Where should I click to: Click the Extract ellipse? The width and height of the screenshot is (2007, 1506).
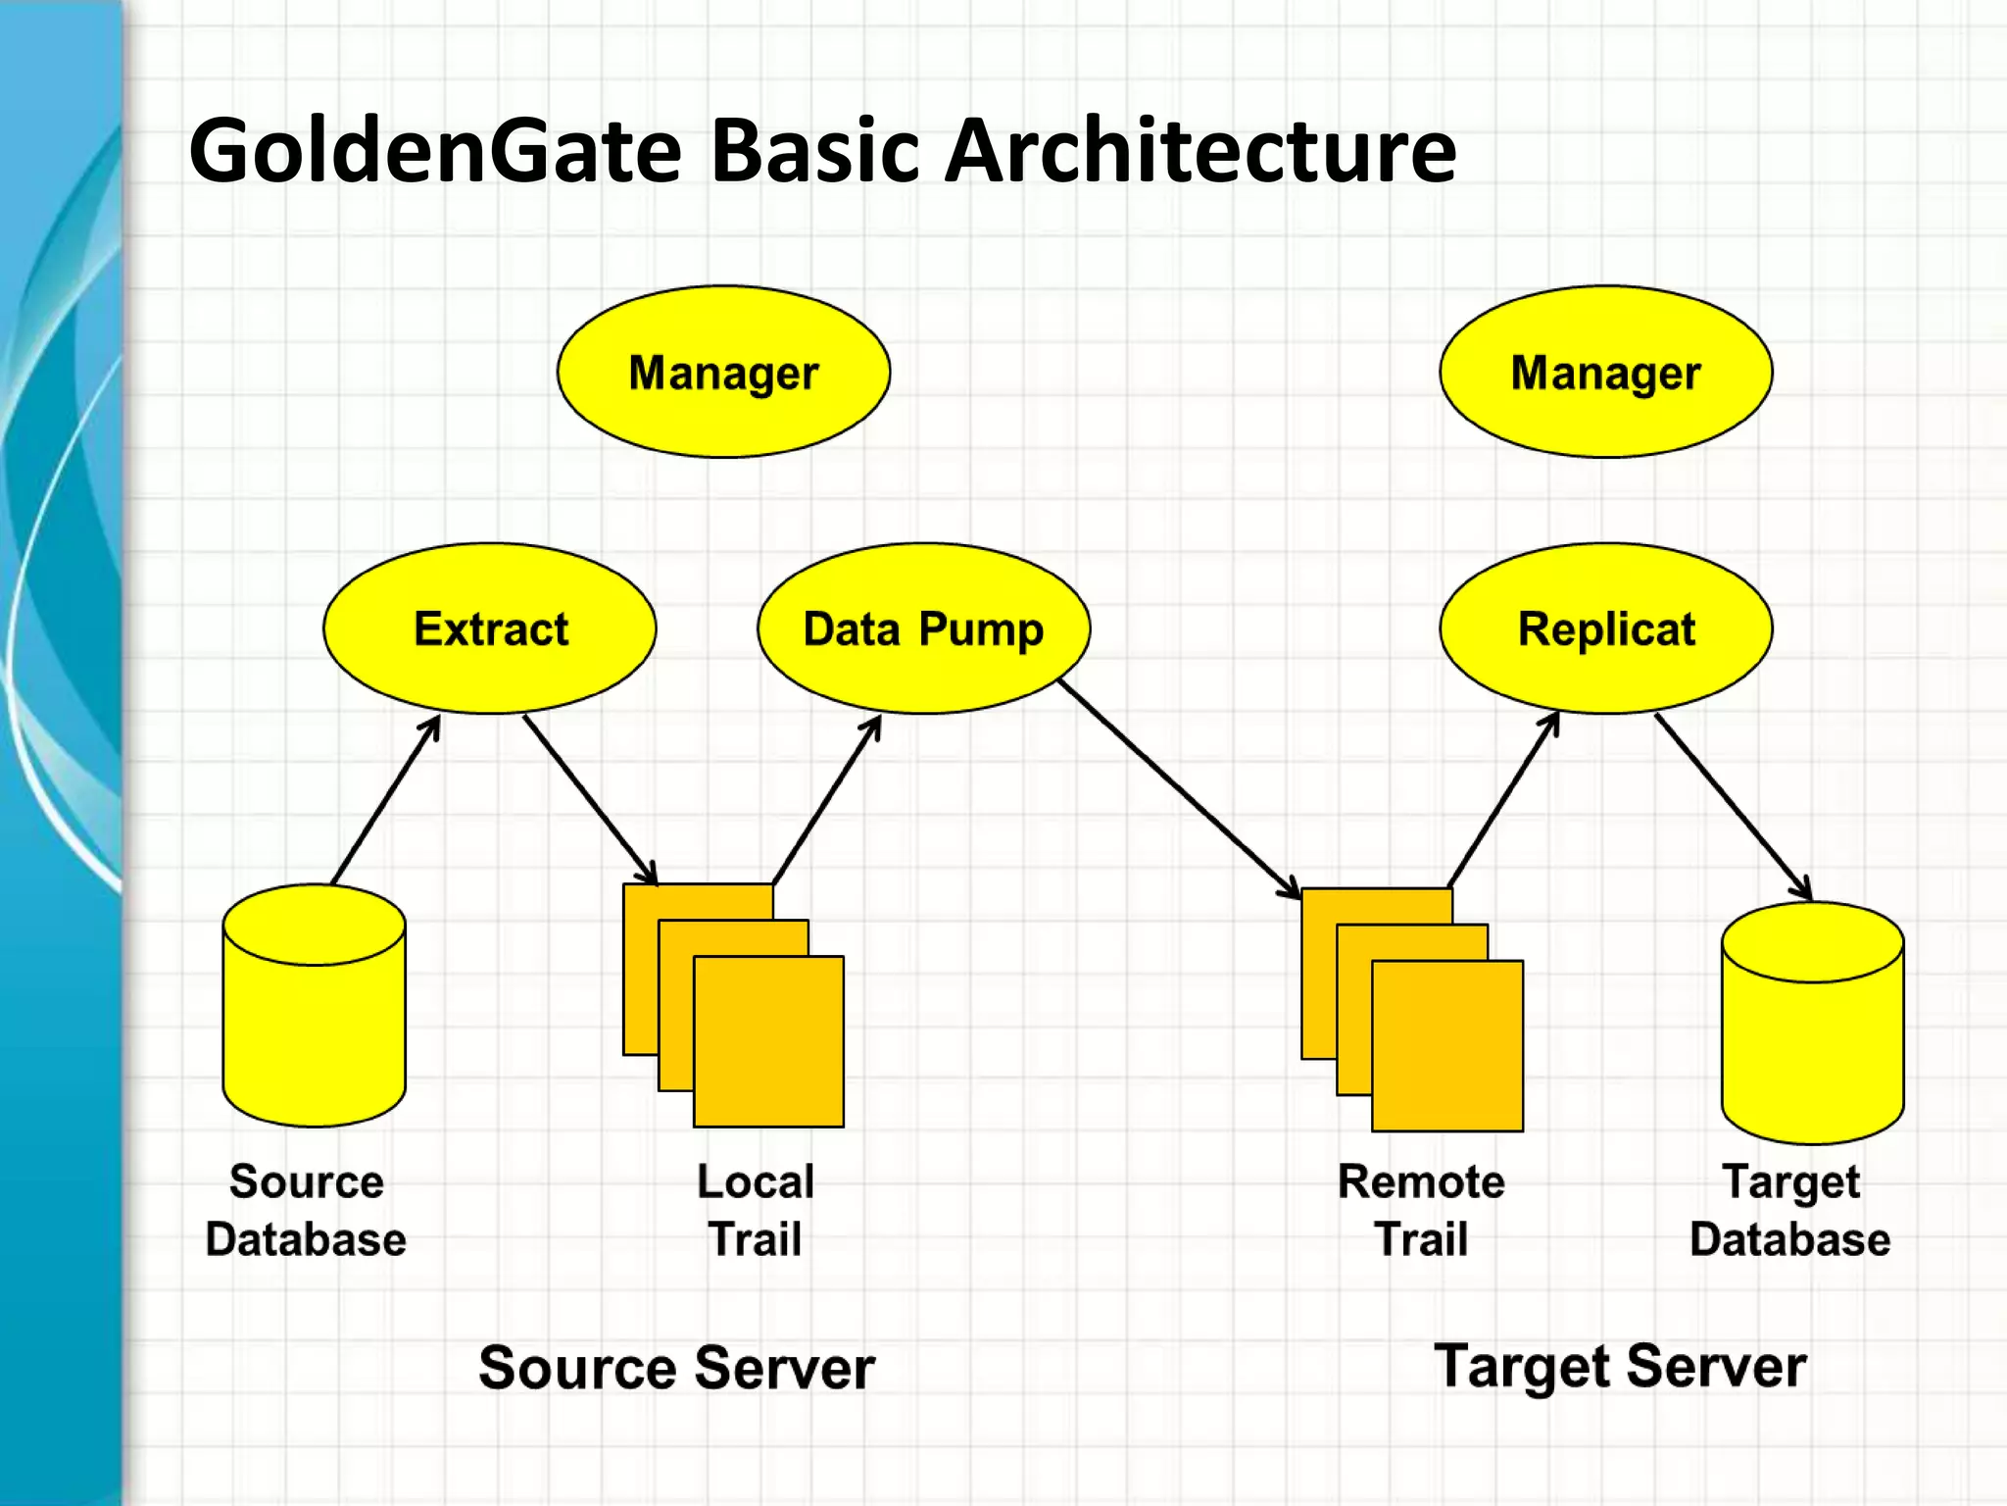click(x=490, y=628)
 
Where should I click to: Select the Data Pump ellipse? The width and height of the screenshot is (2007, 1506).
click(x=923, y=628)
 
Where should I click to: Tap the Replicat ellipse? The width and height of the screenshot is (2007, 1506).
click(x=1605, y=628)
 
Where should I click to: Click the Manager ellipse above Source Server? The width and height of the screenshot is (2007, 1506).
click(x=723, y=372)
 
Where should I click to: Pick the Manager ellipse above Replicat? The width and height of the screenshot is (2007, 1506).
click(x=1605, y=372)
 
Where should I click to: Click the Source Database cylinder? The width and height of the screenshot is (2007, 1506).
click(x=314, y=1020)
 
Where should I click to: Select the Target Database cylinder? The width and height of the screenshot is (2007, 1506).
click(x=1812, y=1039)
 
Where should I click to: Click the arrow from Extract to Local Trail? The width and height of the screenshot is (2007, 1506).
click(x=589, y=799)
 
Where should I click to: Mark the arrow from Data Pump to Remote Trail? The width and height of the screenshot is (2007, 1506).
click(x=1179, y=787)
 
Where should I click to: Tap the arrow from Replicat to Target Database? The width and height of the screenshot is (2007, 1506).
click(x=1733, y=806)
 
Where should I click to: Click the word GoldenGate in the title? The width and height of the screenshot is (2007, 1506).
click(x=435, y=152)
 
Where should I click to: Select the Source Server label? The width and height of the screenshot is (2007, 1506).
click(x=676, y=1368)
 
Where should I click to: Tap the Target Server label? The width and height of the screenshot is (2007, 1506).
click(x=1619, y=1366)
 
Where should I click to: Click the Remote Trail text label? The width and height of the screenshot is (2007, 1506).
click(x=1421, y=1210)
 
